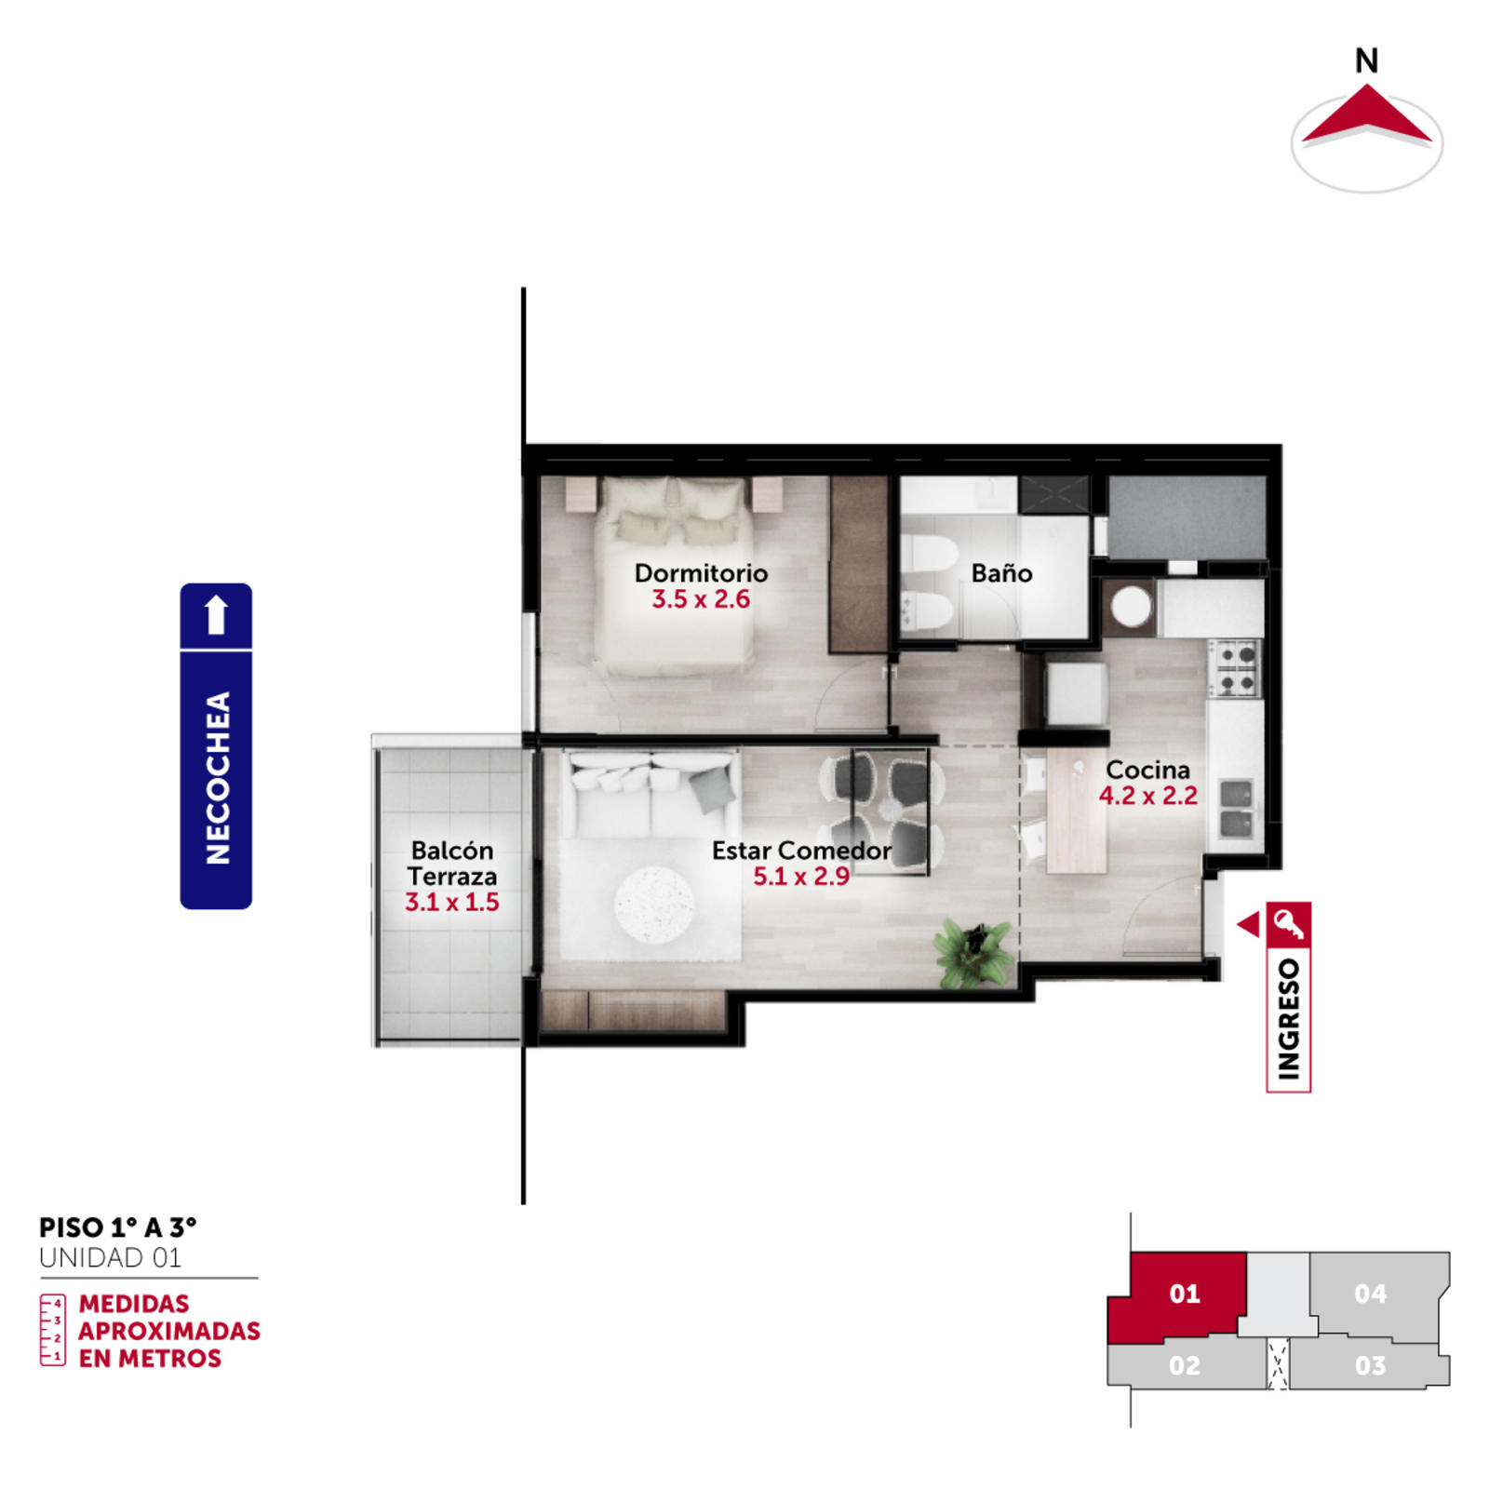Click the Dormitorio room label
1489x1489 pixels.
[x=701, y=572]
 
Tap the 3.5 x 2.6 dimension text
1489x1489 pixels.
[x=701, y=599]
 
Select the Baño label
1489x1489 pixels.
[x=1001, y=572]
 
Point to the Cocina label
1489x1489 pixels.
[x=1147, y=770]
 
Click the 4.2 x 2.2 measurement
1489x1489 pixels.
[x=1147, y=796]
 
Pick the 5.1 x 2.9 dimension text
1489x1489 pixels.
[x=800, y=877]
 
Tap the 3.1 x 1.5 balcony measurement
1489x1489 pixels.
[x=451, y=902]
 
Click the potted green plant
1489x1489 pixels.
[x=973, y=951]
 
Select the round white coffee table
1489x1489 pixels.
[x=654, y=905]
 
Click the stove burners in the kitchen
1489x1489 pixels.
[x=1237, y=669]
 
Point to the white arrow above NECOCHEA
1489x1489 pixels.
[x=216, y=614]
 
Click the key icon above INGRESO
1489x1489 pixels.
[x=1289, y=924]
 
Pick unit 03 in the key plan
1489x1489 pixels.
[x=1369, y=1364]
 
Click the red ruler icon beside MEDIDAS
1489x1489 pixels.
[x=52, y=1330]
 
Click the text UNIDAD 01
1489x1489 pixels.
[x=110, y=1258]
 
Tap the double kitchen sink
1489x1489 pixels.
[x=1237, y=809]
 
